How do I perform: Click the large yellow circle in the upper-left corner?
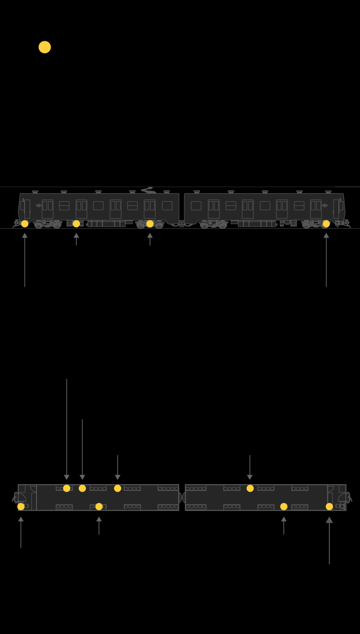click(x=45, y=47)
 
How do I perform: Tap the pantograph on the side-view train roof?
click(x=148, y=190)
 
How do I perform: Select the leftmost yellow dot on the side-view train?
click(x=24, y=224)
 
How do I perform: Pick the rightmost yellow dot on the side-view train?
click(x=326, y=224)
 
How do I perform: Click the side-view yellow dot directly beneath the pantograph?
click(x=150, y=224)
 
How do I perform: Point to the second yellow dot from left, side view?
click(x=76, y=224)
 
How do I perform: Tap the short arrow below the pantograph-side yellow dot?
click(x=150, y=239)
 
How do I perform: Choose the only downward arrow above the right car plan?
click(x=250, y=467)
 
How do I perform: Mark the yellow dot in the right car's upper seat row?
click(x=250, y=488)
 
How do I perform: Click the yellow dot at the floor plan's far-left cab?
click(x=21, y=506)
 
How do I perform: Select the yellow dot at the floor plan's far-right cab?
click(x=329, y=506)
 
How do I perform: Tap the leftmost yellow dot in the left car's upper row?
click(x=67, y=488)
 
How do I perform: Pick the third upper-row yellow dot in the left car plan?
click(x=118, y=488)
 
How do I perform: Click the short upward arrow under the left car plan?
click(x=99, y=525)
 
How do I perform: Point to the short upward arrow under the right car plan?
click(x=284, y=525)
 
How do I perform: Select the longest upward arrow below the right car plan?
click(x=329, y=540)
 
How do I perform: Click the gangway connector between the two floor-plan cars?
click(x=182, y=498)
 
